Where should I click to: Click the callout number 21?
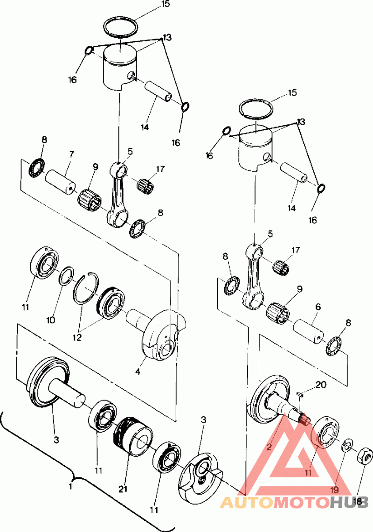123,489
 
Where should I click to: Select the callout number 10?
50,320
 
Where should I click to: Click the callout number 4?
138,372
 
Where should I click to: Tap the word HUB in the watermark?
349,503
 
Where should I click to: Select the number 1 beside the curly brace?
70,487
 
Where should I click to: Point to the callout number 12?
77,338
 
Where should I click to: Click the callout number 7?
71,154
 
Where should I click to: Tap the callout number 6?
318,307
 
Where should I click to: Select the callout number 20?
321,385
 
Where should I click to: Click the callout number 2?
269,447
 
